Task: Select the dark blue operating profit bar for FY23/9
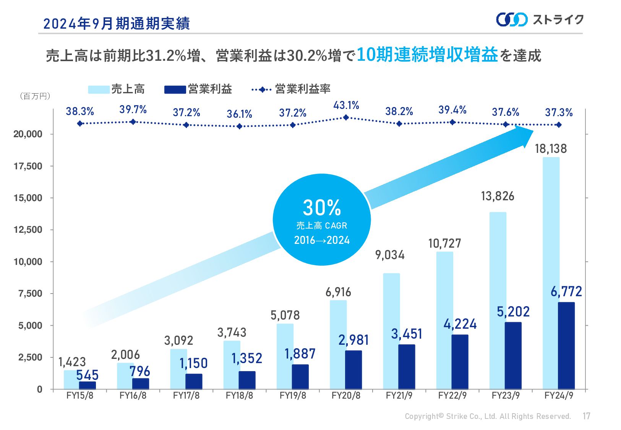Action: (513, 355)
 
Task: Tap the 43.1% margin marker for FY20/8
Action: (346, 117)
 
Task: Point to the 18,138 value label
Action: (551, 149)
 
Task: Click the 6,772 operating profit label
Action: (566, 292)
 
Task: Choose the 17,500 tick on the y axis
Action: (28, 166)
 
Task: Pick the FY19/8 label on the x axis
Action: (293, 396)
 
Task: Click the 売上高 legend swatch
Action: (99, 89)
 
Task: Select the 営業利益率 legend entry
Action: (302, 89)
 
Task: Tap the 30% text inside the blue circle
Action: (322, 208)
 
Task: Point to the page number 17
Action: (587, 416)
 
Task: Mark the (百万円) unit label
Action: (35, 96)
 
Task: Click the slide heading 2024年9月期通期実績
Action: (117, 24)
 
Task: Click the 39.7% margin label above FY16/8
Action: (133, 110)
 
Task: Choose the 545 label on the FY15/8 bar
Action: (87, 375)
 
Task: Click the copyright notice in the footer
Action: (488, 416)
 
